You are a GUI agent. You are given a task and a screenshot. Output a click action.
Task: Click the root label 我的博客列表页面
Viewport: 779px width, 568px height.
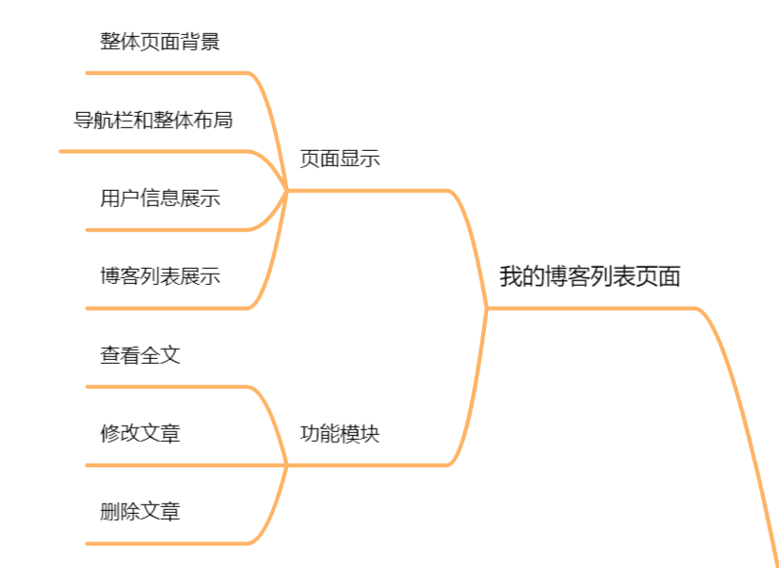tap(590, 276)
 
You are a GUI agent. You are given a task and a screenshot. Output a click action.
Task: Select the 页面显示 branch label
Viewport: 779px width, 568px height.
tap(340, 159)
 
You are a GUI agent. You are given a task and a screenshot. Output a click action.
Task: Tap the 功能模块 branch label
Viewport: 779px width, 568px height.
tap(340, 434)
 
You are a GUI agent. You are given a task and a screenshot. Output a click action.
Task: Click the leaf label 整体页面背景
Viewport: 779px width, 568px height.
tap(160, 42)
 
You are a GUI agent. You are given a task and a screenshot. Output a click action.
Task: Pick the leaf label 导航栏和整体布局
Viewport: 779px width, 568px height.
tap(153, 121)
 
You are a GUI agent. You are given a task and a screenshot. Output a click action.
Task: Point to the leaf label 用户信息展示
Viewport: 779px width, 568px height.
tap(160, 199)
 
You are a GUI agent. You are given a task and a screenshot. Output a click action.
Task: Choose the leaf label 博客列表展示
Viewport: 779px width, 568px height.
tap(160, 276)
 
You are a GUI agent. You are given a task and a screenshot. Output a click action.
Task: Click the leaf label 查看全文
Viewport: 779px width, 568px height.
tap(140, 355)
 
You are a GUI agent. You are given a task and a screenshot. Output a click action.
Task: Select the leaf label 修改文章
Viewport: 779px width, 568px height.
tap(140, 434)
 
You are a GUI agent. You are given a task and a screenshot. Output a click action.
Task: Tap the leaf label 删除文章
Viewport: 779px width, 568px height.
tap(140, 512)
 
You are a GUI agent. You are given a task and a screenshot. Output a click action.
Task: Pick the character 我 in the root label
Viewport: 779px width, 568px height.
tap(511, 276)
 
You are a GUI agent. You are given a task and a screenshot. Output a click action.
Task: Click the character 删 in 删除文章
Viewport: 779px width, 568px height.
tap(110, 512)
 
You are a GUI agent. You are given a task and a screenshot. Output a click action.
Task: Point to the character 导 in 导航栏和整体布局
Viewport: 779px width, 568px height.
tap(84, 121)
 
